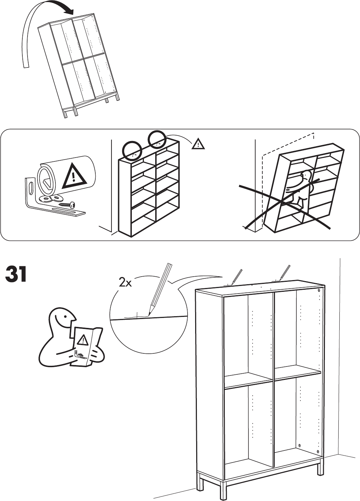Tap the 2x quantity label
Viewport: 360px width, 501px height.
coord(125,283)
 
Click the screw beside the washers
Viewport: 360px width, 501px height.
coord(67,204)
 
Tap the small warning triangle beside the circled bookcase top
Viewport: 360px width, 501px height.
coord(198,143)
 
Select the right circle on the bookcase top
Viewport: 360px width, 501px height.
coord(157,140)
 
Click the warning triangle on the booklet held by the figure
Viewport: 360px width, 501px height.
coord(83,340)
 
